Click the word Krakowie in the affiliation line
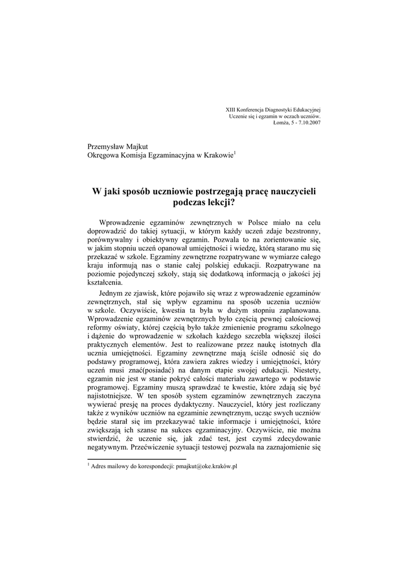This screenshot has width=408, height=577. tap(218, 155)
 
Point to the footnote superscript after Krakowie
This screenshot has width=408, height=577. tap(235, 152)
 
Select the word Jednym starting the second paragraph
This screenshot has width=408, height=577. tap(112, 294)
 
